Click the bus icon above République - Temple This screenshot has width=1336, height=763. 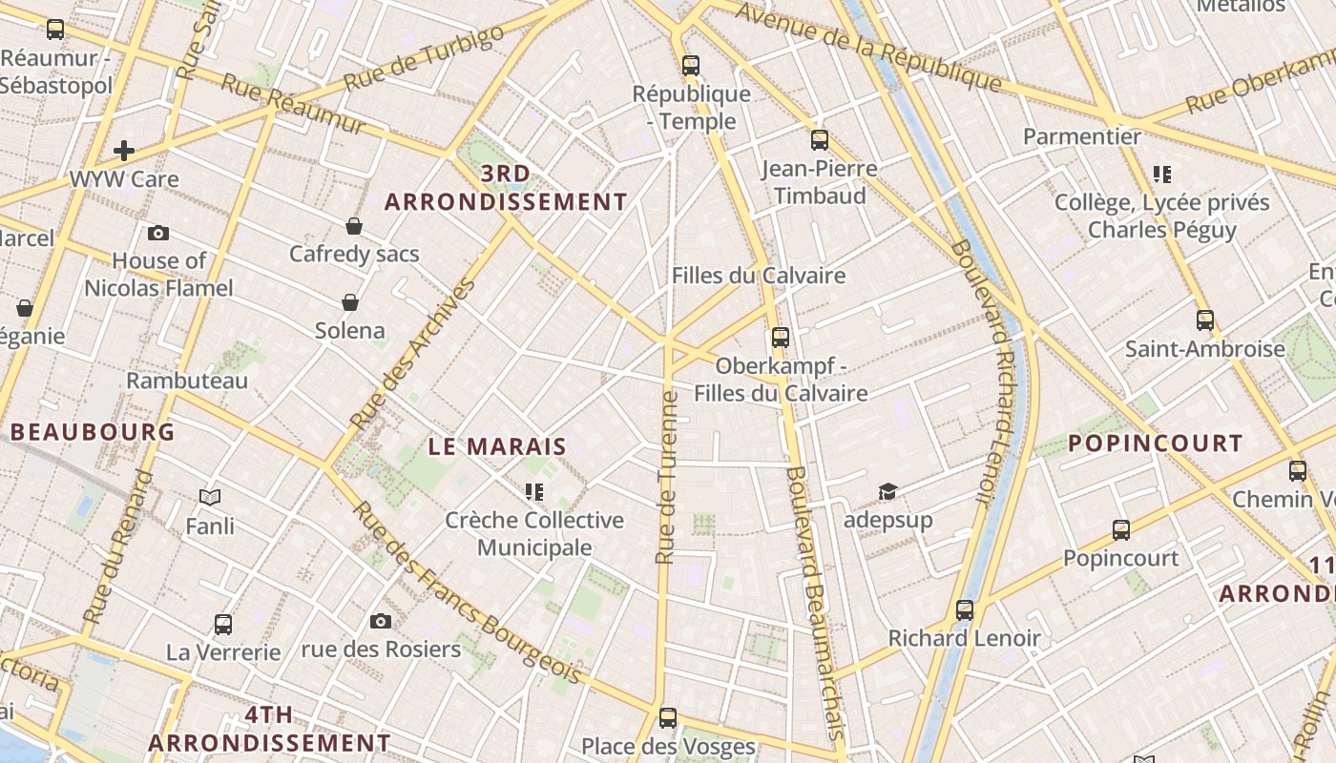click(691, 66)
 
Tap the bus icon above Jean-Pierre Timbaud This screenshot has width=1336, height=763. click(819, 140)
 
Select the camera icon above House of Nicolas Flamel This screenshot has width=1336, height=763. click(158, 234)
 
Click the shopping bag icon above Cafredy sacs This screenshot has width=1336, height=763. click(354, 226)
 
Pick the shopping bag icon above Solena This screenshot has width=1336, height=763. click(350, 302)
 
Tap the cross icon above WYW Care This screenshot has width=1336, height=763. click(123, 151)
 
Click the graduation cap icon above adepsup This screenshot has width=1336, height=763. click(887, 492)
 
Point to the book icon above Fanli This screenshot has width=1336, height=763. click(210, 497)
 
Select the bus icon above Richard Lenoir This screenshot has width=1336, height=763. click(965, 609)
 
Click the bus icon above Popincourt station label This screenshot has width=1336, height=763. click(1121, 529)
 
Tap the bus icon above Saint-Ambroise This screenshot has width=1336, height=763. click(1205, 320)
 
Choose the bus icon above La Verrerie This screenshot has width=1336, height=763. click(223, 625)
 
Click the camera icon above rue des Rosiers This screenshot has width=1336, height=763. click(381, 622)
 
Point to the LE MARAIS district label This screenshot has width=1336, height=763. click(497, 446)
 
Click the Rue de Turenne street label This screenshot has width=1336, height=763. click(667, 477)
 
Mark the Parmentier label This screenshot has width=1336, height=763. click(1082, 136)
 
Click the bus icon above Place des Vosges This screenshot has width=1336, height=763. click(668, 717)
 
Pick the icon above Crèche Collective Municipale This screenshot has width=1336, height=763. click(533, 492)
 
